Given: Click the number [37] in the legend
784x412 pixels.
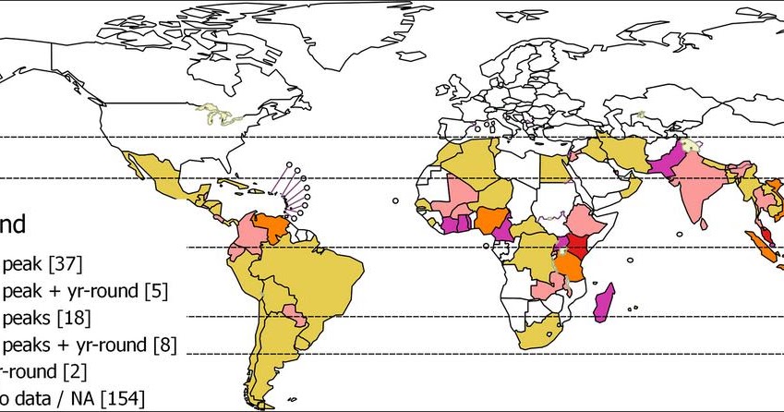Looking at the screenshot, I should (64, 265).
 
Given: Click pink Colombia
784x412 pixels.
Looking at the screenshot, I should (249, 236).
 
